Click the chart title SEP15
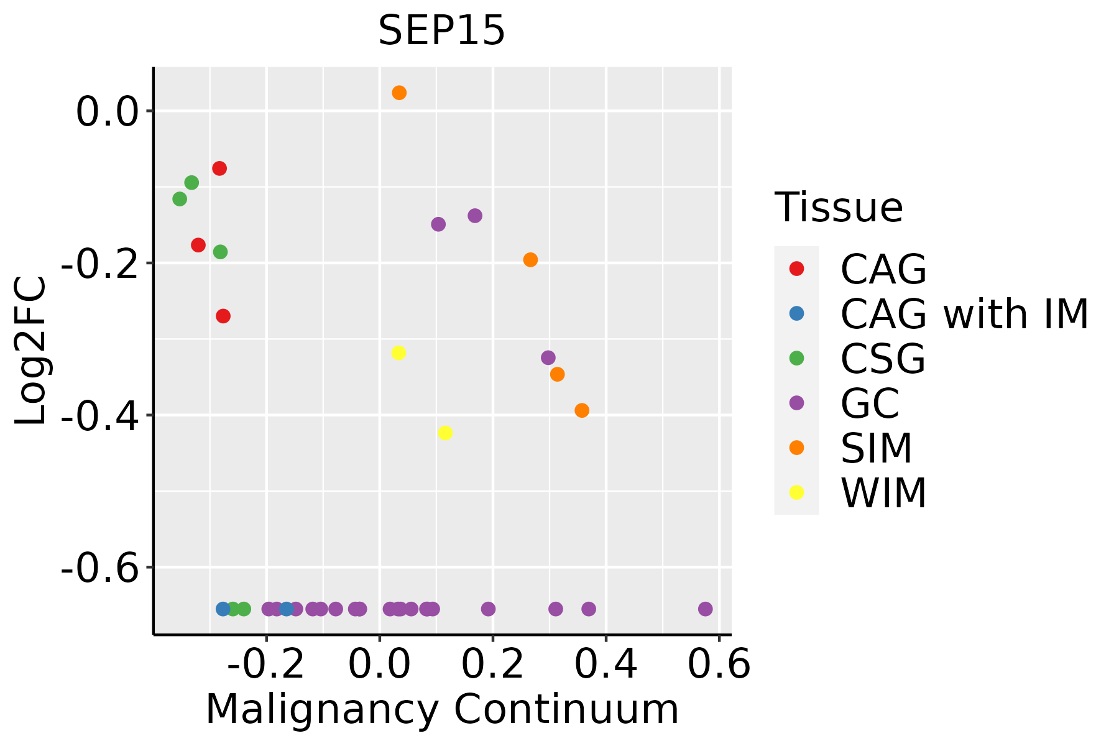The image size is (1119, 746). (441, 30)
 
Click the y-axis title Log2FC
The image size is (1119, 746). (31, 351)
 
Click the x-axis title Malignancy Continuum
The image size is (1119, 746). (442, 709)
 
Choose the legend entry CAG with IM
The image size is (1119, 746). (964, 314)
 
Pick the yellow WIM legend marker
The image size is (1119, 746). (796, 492)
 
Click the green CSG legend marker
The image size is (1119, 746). (796, 358)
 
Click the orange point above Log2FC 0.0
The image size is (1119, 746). (399, 93)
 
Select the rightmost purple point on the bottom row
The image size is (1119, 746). (705, 609)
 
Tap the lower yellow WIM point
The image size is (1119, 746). (445, 433)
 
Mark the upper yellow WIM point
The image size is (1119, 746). (398, 352)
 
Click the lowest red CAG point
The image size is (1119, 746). (223, 316)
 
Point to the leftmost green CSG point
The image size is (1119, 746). (180, 199)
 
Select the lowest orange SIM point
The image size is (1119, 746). (582, 410)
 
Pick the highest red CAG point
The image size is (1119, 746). (219, 168)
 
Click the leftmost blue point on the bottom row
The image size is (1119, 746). (223, 609)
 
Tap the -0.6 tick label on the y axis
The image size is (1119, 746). (99, 568)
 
